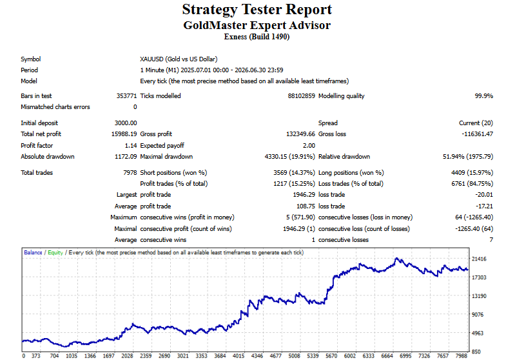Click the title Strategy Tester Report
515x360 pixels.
click(257, 10)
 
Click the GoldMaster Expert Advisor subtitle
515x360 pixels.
click(257, 25)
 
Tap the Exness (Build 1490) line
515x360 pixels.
click(257, 37)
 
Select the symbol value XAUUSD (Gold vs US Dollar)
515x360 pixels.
click(179, 59)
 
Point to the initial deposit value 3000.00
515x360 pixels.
click(126, 123)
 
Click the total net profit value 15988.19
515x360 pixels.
click(124, 134)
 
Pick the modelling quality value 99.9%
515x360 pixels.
click(484, 95)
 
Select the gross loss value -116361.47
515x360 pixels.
click(477, 134)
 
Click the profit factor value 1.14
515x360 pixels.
click(131, 145)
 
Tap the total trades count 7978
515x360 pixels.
click(130, 173)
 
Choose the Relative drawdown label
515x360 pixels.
click(344, 157)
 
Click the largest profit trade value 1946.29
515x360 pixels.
click(304, 195)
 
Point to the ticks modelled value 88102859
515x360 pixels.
click(302, 95)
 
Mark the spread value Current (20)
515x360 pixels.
click(476, 123)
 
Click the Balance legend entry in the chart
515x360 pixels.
click(33, 252)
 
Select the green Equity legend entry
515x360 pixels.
click(55, 252)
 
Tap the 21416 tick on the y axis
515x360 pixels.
click(479, 259)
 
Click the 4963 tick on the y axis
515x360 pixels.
click(478, 333)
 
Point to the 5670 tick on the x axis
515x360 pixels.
click(331, 355)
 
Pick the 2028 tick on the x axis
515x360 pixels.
click(127, 355)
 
